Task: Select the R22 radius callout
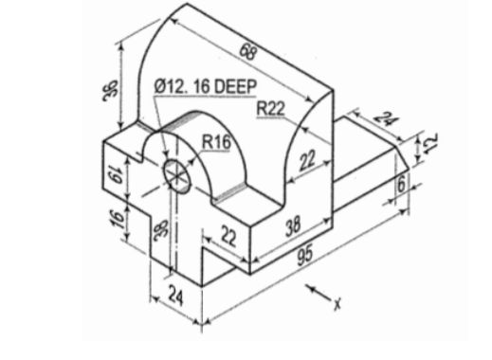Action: point(270,111)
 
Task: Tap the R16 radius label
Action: point(216,142)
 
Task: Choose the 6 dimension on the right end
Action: point(402,184)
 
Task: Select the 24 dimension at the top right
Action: point(384,121)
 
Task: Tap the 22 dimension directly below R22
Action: point(304,161)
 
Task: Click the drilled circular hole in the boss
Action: point(177,173)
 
